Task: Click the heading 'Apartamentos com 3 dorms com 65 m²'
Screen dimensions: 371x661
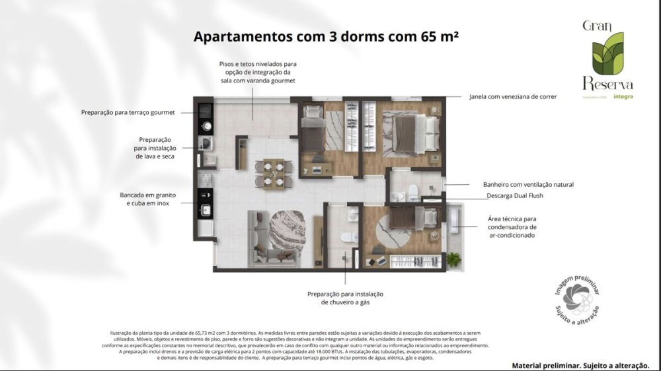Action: point(326,36)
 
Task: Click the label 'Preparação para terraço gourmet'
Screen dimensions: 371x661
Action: point(128,113)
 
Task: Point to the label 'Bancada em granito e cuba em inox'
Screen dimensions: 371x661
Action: point(147,199)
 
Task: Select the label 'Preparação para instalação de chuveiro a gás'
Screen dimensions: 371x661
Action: point(346,298)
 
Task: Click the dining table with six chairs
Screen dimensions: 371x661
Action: point(272,173)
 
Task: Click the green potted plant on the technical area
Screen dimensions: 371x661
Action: point(453,259)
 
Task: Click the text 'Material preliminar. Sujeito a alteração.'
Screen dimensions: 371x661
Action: point(580,364)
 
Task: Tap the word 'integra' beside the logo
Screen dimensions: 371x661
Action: point(623,96)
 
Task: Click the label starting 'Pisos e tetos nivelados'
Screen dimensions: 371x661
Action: point(258,72)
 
